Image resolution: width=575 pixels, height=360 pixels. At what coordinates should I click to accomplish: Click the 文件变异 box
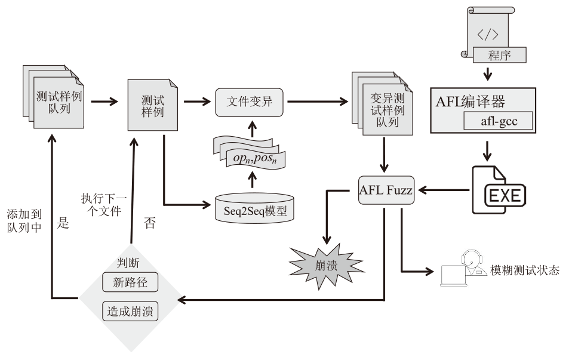coord(250,102)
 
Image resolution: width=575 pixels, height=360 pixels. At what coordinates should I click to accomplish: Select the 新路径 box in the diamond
coord(130,282)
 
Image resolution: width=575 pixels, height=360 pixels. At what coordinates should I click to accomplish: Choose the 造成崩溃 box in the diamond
coord(130,311)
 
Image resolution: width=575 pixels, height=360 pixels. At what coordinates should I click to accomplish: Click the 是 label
coord(63,224)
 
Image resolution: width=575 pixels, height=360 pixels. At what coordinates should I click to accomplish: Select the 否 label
coord(150,224)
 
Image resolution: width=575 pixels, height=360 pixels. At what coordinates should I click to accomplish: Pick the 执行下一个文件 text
coord(101,204)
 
